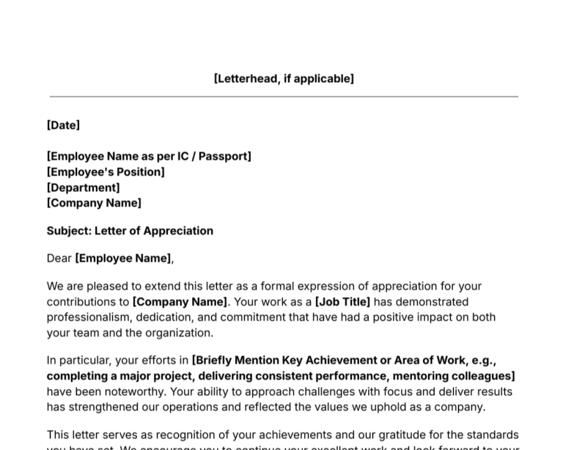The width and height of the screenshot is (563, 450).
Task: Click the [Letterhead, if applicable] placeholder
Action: (284, 78)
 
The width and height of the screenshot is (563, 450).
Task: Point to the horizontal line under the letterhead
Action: (284, 96)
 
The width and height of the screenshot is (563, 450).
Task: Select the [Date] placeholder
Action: (63, 125)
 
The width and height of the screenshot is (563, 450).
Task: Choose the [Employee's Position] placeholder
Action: (106, 172)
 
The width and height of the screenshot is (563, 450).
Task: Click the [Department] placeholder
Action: (83, 188)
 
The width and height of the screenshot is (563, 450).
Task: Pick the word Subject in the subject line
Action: (69, 231)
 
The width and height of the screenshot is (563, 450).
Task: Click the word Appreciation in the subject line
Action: (178, 231)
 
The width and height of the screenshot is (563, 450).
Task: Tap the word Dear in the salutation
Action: (59, 258)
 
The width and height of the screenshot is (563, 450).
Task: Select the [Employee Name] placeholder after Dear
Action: (123, 258)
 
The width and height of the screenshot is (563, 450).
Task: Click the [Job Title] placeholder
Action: (342, 301)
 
